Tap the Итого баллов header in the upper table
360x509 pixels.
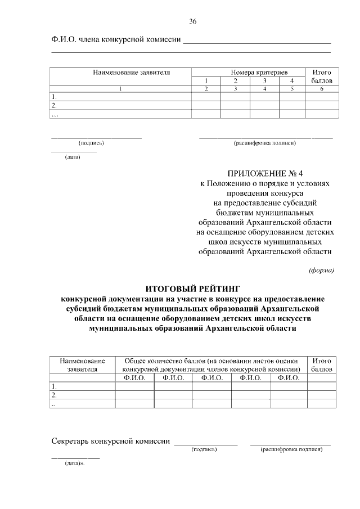pyautogui.click(x=322, y=76)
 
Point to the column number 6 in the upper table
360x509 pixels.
pyautogui.click(x=322, y=89)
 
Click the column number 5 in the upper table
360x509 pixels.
pyautogui.click(x=292, y=89)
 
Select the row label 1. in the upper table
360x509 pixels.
pyautogui.click(x=54, y=97)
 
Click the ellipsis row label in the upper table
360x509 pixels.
pyautogui.click(x=55, y=114)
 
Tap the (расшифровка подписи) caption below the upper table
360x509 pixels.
pyautogui.click(x=265, y=143)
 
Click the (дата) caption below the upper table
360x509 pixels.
pyautogui.click(x=73, y=157)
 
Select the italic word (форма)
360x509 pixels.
pyautogui.click(x=322, y=270)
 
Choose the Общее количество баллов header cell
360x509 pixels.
pyautogui.click(x=211, y=364)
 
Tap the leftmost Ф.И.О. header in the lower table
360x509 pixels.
pyautogui.click(x=134, y=378)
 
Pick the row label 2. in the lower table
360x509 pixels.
pyautogui.click(x=54, y=395)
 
